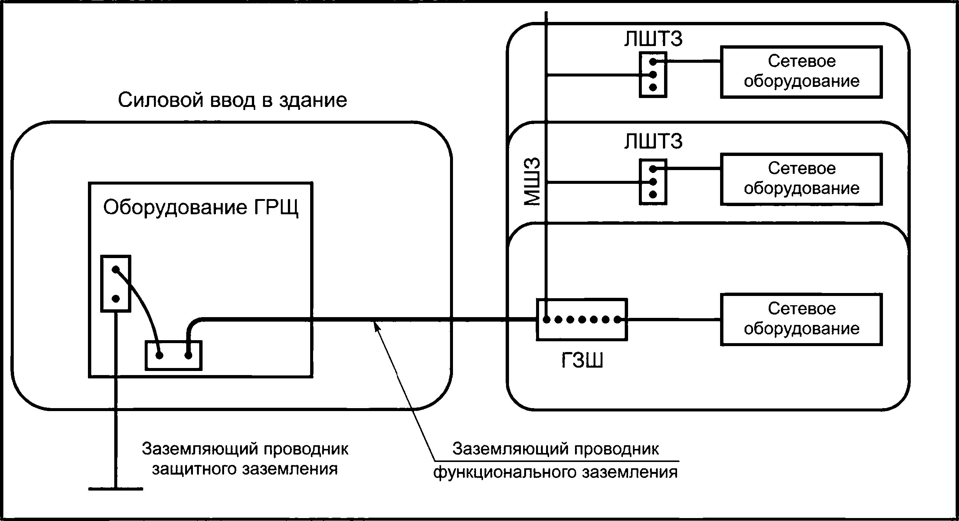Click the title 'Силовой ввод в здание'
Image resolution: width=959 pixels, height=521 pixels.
tap(232, 100)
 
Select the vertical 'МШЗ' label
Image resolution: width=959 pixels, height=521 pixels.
tap(532, 182)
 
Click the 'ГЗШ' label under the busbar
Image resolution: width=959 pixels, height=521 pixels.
tap(582, 360)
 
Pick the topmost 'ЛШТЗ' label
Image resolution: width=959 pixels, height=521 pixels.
tap(653, 39)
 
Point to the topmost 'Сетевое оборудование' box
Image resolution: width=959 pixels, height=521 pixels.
tap(801, 72)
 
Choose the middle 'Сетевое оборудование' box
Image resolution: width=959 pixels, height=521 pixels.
tap(801, 179)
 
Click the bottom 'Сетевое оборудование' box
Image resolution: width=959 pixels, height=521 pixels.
tap(801, 319)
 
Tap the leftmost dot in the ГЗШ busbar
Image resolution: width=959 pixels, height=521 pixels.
tap(546, 319)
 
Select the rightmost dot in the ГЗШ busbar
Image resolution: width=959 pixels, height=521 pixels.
tap(617, 319)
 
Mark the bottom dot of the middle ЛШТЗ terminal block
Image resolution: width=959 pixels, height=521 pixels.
tap(653, 194)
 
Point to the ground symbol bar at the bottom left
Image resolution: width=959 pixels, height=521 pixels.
tap(116, 489)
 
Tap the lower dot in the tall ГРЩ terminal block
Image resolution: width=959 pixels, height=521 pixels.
tap(116, 299)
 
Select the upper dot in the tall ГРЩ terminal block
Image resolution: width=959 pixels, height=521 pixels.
tap(116, 269)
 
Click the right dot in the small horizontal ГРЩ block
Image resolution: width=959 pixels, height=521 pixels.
tap(188, 355)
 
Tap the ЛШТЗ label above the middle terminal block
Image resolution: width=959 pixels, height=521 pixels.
tap(653, 141)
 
